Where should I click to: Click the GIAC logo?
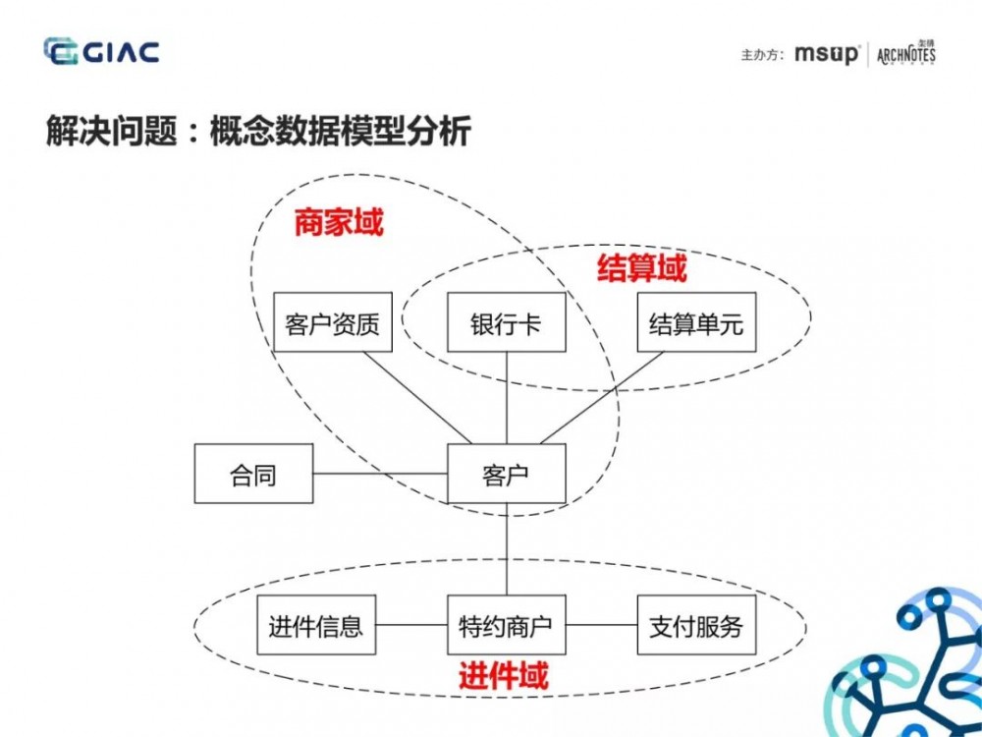point(101,51)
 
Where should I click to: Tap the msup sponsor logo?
point(827,54)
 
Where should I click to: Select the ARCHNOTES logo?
point(905,53)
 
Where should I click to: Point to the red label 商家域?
point(338,223)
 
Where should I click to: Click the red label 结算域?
point(641,268)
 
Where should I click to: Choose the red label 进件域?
point(503,675)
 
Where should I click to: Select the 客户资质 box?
point(332,322)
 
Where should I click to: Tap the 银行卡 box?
point(506,322)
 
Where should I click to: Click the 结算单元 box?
point(696,322)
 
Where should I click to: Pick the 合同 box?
point(253,474)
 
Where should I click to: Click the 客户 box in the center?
point(506,474)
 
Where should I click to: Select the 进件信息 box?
point(315,625)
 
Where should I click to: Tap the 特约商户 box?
point(506,625)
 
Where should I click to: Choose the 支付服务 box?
point(696,625)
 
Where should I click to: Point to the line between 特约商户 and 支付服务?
point(601,625)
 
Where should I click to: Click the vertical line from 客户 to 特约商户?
point(506,549)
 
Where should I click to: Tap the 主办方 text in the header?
point(762,55)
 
